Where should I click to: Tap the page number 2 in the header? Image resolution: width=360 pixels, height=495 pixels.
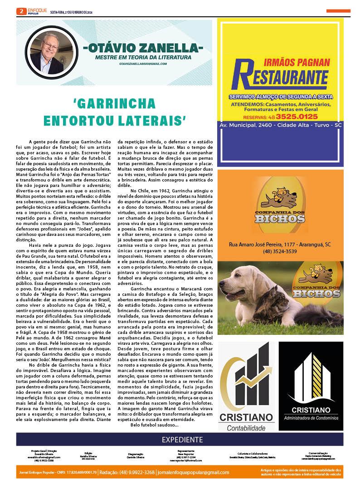[x=20, y=11]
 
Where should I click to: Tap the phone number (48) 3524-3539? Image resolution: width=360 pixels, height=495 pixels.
[x=279, y=251]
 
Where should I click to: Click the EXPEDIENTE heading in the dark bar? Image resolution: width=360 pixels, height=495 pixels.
[x=182, y=440]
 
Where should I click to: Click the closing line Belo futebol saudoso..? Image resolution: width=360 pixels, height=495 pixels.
[x=154, y=425]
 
